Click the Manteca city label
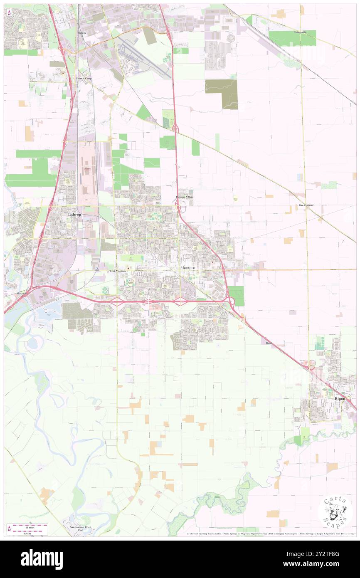(x=188, y=268)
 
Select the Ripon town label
(x=340, y=398)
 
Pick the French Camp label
(x=84, y=78)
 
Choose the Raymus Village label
(x=184, y=197)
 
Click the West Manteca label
(x=117, y=271)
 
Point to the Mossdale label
(x=22, y=294)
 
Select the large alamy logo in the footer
(x=42, y=559)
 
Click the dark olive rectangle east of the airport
(x=221, y=94)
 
